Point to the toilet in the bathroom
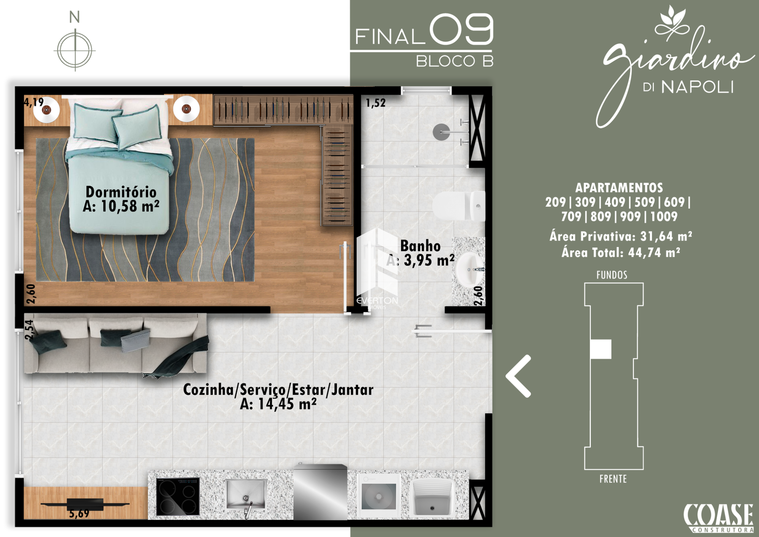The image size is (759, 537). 459,206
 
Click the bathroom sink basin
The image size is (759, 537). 470,269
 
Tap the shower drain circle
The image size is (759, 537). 441,132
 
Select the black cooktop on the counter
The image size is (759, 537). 178,496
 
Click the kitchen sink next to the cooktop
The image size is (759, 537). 246,494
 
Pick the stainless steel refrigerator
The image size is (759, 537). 320,492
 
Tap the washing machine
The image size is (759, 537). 379,495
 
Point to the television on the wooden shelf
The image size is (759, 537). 85,504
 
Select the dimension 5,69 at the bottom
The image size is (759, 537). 79,514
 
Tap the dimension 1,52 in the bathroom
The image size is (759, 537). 375,103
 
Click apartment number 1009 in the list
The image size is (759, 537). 664,216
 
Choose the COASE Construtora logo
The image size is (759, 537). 718,518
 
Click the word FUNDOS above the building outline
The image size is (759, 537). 612,275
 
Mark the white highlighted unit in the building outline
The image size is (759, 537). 601,349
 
